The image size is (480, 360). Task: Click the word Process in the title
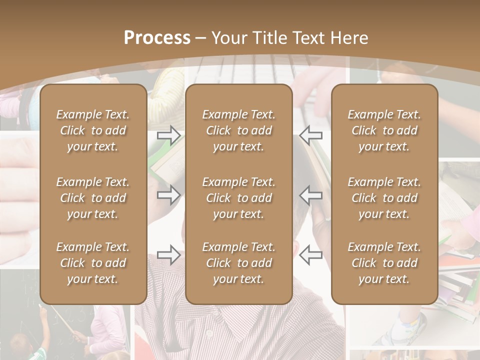(157, 38)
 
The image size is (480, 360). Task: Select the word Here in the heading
(349, 38)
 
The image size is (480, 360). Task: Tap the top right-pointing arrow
(169, 135)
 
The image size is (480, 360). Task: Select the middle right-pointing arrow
(169, 195)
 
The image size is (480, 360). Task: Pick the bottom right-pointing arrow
(169, 255)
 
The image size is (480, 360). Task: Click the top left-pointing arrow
(310, 135)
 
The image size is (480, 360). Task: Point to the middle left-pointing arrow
(310, 195)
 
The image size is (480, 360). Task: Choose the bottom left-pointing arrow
(310, 255)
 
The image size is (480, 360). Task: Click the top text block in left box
(93, 130)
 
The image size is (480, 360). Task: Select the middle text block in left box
(93, 198)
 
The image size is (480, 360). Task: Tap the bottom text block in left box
(93, 263)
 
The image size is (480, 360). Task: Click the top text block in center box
(238, 130)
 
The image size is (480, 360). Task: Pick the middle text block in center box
(238, 198)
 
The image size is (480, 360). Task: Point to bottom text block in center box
(238, 263)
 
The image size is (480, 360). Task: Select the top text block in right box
(384, 130)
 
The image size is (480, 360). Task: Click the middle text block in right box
(384, 198)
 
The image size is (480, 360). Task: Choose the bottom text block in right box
(384, 263)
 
